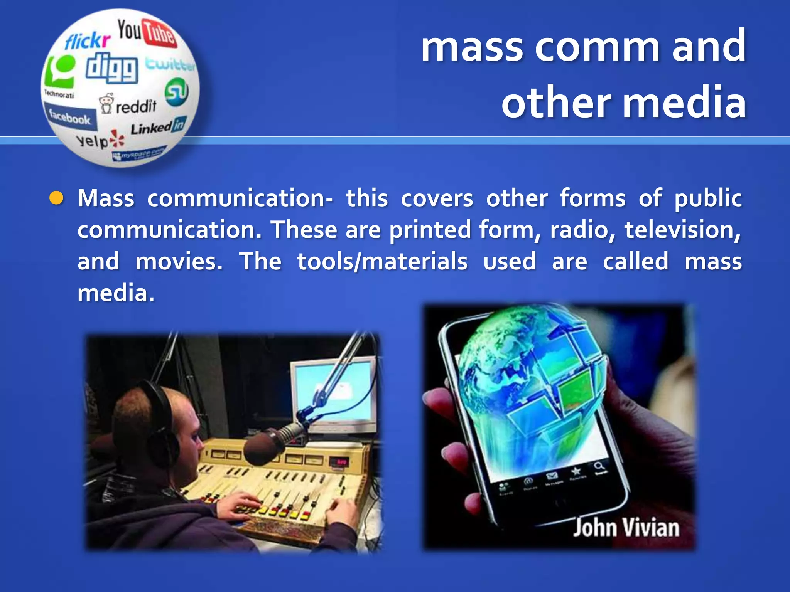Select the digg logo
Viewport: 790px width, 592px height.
click(x=112, y=68)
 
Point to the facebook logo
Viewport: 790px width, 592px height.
click(x=70, y=117)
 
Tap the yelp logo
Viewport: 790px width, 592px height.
click(x=100, y=141)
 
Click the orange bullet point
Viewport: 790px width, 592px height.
click(x=56, y=198)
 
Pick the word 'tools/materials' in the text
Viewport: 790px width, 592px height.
click(x=382, y=262)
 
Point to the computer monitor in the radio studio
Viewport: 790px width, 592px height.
click(x=334, y=393)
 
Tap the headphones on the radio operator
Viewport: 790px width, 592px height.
click(x=162, y=424)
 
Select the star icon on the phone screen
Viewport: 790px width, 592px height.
click(x=576, y=471)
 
